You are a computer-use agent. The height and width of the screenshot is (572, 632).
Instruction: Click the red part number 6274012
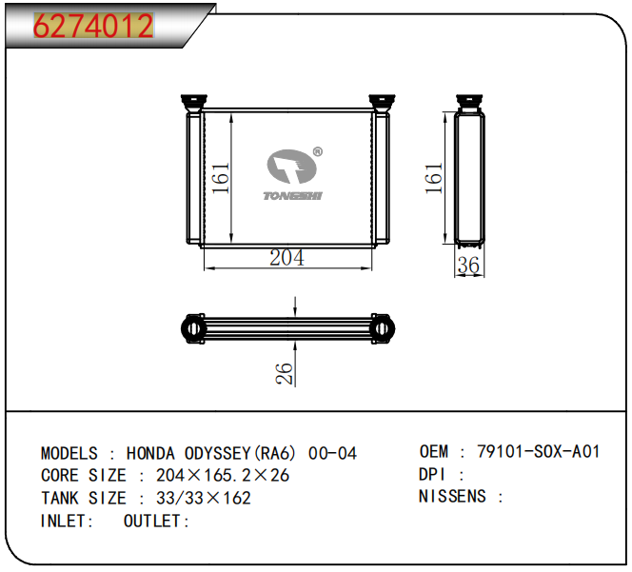click(93, 26)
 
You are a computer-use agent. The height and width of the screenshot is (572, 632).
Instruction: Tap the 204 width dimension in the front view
click(287, 258)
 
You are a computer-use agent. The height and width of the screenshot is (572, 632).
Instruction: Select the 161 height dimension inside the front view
click(221, 178)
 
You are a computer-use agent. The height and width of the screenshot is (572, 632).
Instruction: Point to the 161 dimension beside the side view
click(434, 178)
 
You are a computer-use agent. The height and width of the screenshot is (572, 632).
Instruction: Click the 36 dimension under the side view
click(468, 266)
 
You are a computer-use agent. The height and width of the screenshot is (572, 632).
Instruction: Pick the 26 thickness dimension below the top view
click(285, 373)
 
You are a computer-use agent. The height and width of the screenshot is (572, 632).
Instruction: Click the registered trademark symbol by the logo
click(318, 151)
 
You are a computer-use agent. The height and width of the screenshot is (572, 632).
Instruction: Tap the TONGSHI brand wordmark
click(293, 196)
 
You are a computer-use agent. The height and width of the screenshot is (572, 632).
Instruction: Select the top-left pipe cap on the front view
click(194, 103)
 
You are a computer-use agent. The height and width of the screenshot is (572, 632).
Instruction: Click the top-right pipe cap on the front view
click(382, 103)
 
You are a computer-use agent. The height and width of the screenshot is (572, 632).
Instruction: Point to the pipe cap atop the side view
click(469, 103)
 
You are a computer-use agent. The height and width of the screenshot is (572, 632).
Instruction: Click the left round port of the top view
click(193, 328)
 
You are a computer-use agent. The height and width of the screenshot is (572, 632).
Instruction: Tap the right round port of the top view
click(383, 328)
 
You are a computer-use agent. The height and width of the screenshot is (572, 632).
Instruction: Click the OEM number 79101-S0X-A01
click(539, 451)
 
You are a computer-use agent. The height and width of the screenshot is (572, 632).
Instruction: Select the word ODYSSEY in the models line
click(218, 453)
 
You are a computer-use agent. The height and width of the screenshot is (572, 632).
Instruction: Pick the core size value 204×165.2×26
click(223, 476)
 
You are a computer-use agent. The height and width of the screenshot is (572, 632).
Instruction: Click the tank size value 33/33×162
click(204, 498)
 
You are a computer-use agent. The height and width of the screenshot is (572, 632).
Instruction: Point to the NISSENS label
click(452, 497)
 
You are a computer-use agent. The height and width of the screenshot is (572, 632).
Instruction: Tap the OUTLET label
click(152, 522)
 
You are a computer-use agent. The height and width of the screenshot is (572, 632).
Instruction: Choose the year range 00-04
click(332, 453)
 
